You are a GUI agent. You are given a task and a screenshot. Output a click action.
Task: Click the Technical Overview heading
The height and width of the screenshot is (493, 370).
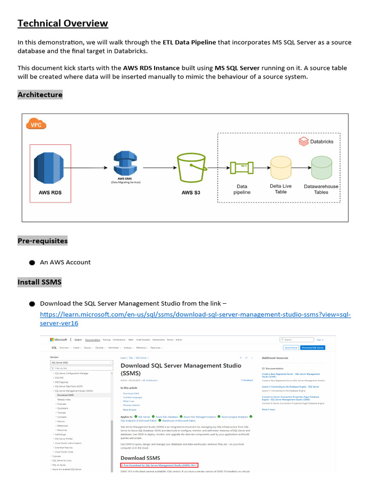pyautogui.click(x=63, y=24)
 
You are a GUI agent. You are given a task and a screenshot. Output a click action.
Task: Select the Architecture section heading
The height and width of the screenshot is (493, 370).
pyautogui.click(x=40, y=94)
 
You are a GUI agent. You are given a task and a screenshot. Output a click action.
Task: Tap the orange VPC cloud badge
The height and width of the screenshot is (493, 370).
pyautogui.click(x=36, y=125)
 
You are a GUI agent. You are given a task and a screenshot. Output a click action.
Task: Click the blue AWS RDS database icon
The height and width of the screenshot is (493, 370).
pyautogui.click(x=50, y=168)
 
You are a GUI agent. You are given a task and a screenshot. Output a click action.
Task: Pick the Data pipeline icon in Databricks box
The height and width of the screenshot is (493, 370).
pyautogui.click(x=242, y=168)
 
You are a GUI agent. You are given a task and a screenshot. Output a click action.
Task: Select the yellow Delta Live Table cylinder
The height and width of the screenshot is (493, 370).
pyautogui.click(x=280, y=169)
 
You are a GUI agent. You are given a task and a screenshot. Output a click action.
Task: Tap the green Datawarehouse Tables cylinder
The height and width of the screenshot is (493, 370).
pyautogui.click(x=321, y=169)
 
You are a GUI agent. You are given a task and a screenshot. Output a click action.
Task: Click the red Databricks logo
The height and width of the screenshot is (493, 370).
pyautogui.click(x=303, y=142)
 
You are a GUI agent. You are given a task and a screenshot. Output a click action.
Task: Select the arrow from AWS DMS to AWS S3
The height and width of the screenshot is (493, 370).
pyautogui.click(x=157, y=168)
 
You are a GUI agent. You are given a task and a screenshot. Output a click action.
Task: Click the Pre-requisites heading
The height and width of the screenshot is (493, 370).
pyautogui.click(x=42, y=241)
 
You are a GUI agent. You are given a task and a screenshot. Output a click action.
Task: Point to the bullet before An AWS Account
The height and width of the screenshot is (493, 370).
pyautogui.click(x=32, y=263)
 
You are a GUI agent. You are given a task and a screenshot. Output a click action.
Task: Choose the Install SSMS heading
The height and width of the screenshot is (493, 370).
pyautogui.click(x=40, y=282)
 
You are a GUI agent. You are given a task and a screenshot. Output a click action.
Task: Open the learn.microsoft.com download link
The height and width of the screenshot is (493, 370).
pyautogui.click(x=195, y=314)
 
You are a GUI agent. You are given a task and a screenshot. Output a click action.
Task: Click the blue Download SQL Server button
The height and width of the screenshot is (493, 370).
pyautogui.click(x=313, y=348)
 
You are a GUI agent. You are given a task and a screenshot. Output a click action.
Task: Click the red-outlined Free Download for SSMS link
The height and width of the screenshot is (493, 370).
pyautogui.click(x=159, y=466)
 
